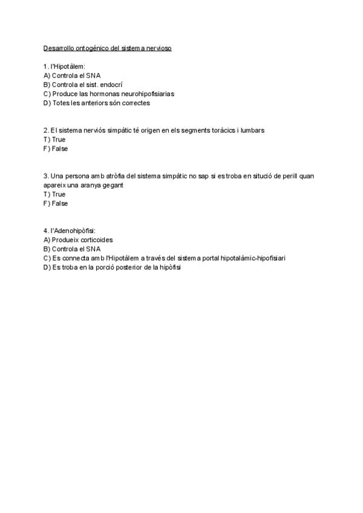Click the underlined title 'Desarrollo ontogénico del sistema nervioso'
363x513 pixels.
point(108,48)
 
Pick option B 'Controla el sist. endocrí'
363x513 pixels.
point(83,85)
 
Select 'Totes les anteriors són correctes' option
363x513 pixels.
point(97,103)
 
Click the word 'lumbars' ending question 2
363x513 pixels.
point(252,130)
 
